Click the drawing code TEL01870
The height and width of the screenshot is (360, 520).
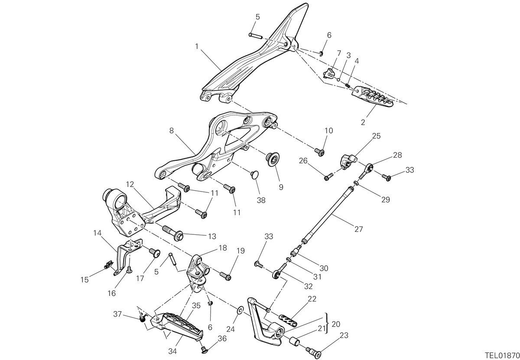502,355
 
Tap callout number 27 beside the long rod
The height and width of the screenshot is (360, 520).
359,229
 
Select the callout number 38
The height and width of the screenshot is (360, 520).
261,200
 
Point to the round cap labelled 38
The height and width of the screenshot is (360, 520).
255,175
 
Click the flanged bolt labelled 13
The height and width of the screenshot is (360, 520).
173,233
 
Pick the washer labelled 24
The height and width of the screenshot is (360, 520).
240,310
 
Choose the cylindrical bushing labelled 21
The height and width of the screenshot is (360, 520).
294,342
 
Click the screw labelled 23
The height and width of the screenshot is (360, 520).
314,352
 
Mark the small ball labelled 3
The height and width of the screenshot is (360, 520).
338,80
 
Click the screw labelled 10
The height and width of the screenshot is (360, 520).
319,152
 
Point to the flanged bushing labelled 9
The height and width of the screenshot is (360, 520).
272,159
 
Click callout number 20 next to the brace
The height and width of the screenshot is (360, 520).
336,324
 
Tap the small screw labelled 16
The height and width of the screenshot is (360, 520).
129,269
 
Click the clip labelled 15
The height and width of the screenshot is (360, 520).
108,264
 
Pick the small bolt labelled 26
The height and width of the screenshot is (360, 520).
328,177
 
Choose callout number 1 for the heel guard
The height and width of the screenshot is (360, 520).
197,47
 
